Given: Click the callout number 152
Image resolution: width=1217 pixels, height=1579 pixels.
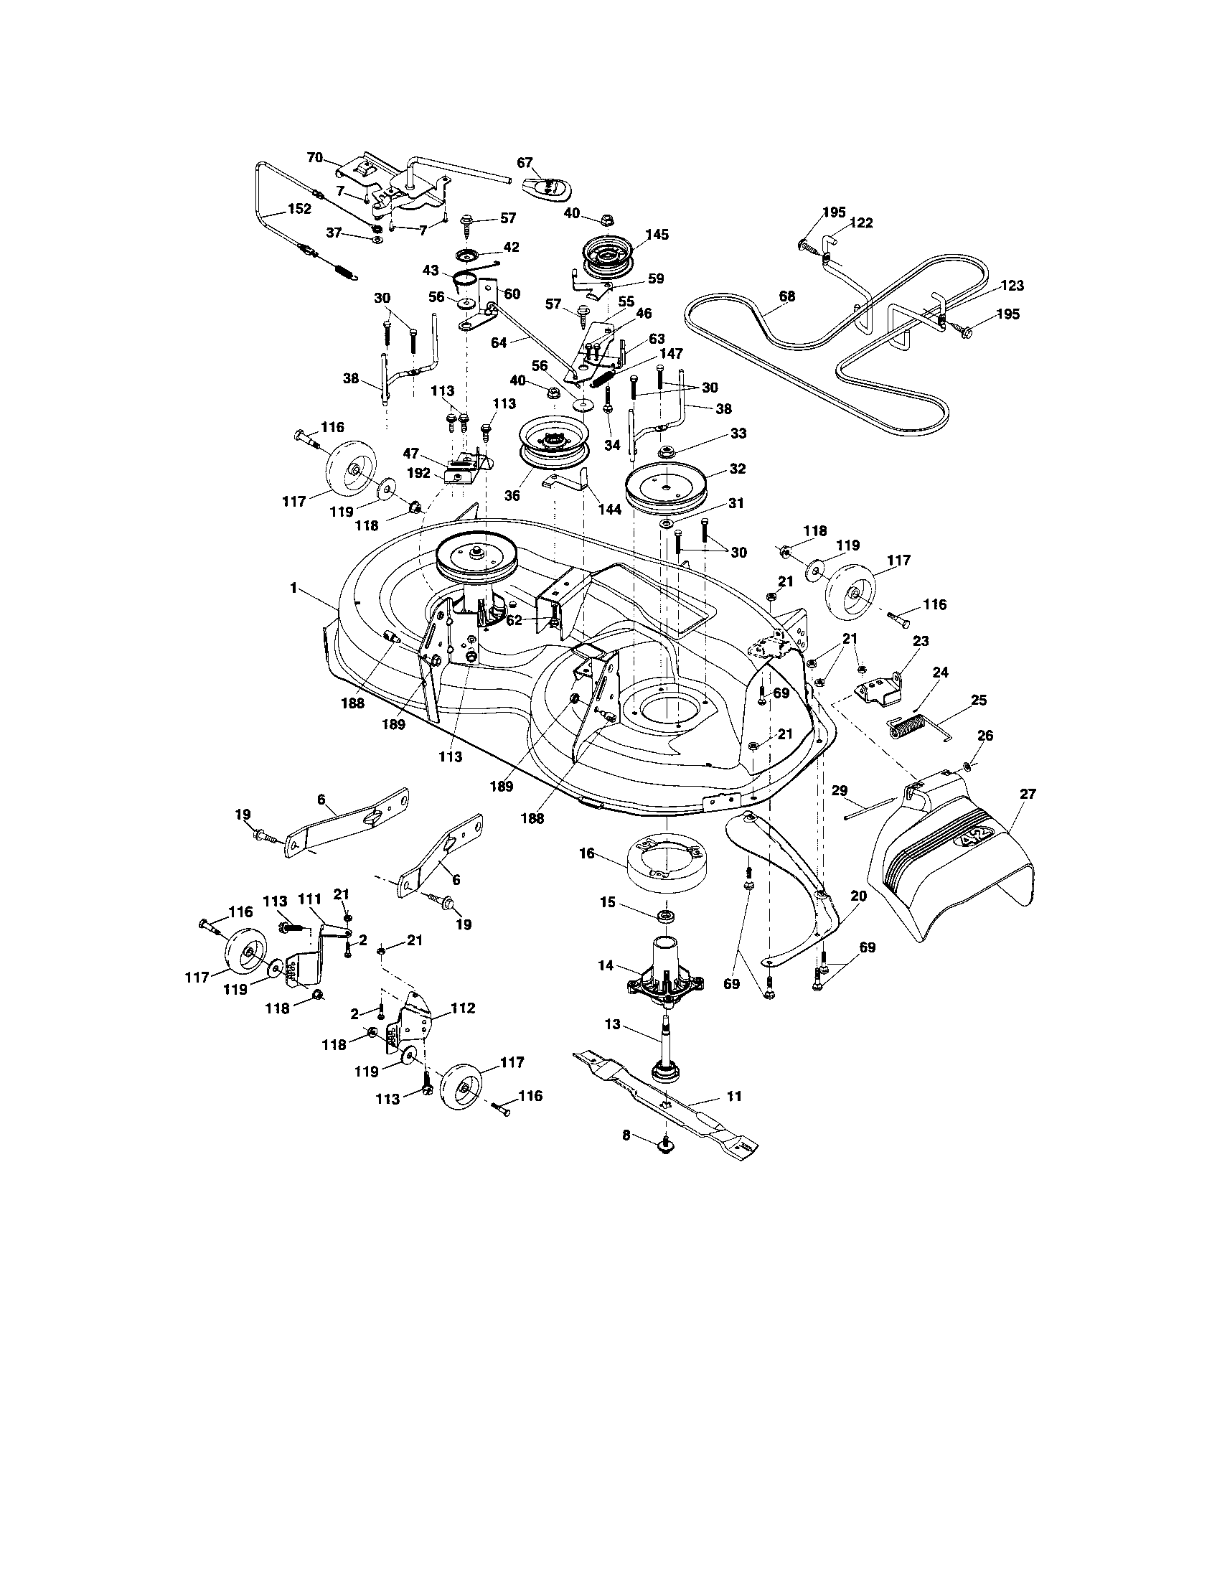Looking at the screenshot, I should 299,208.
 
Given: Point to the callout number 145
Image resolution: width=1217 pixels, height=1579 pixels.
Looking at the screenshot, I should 657,235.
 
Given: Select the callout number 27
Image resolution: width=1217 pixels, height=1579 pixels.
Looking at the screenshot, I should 1026,794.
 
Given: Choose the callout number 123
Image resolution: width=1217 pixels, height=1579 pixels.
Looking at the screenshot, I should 1012,286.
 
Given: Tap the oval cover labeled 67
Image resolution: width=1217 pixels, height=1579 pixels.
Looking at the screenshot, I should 548,188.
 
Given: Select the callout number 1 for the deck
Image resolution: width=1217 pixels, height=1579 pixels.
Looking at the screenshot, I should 293,588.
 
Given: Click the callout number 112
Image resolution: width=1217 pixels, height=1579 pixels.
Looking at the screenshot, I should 463,1008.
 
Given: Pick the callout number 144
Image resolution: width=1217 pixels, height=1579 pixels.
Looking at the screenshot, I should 610,509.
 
